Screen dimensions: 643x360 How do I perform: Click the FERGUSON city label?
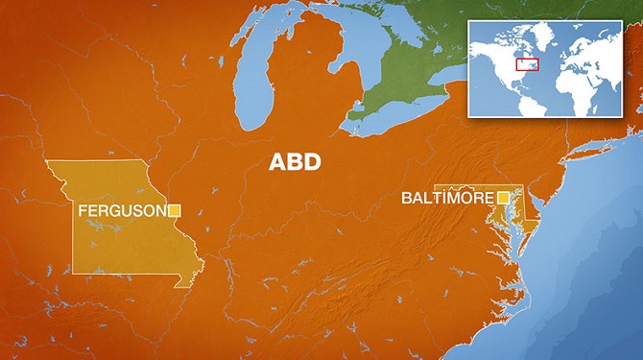click(x=122, y=210)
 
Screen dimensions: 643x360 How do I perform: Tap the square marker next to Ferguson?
click(x=175, y=210)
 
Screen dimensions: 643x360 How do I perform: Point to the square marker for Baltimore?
click(x=503, y=198)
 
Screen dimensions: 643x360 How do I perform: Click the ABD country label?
click(x=295, y=162)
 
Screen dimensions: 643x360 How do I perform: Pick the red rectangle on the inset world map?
click(x=526, y=64)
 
